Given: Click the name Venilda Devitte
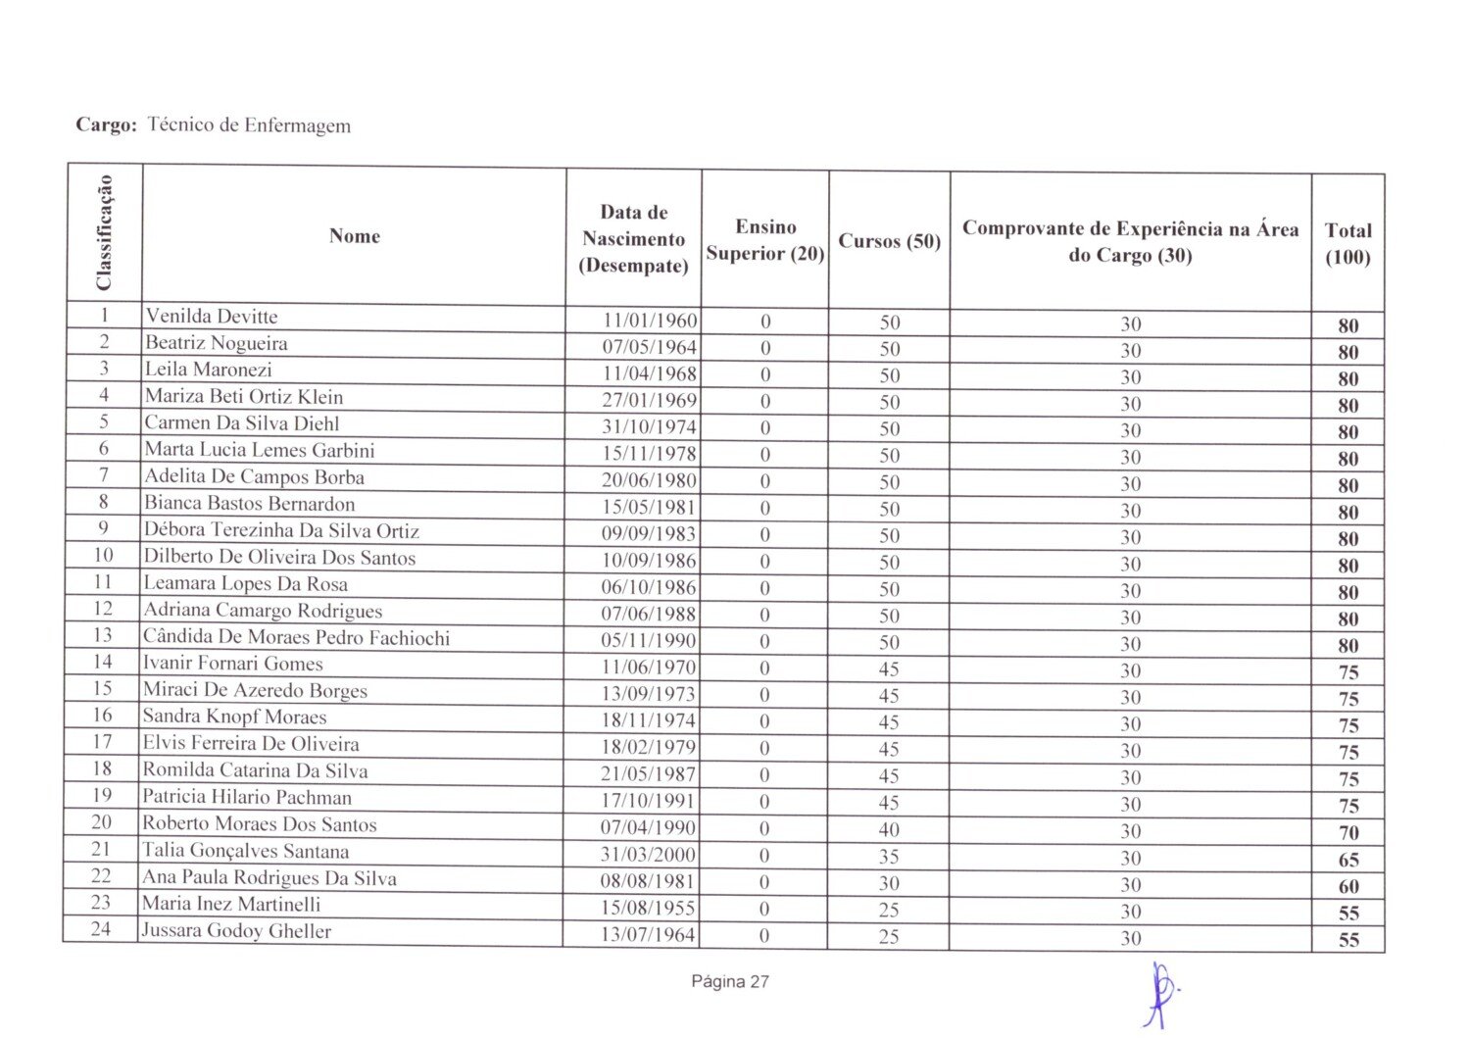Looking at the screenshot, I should (212, 317).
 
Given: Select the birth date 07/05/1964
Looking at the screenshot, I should (649, 348).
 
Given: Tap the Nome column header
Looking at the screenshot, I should (354, 235).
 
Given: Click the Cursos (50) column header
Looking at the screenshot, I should (889, 241).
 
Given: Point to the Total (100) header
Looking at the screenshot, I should (1347, 243).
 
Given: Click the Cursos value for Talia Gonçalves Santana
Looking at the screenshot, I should (889, 857).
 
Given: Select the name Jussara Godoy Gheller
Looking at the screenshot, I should (236, 931).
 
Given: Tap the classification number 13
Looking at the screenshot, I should (103, 635).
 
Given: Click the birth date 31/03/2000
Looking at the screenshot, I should (648, 855).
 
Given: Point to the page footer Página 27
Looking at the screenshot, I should (730, 981).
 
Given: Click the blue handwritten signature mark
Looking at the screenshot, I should (1160, 992).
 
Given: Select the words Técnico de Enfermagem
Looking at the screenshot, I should (249, 125).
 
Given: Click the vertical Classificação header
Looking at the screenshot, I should (104, 233).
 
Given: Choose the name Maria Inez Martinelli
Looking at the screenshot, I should (231, 904).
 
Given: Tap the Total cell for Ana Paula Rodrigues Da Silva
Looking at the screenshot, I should (1348, 886).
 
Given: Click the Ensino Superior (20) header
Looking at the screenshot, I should (765, 240).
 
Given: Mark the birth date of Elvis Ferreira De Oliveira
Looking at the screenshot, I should (648, 747).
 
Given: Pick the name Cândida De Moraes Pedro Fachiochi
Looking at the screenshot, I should (296, 638).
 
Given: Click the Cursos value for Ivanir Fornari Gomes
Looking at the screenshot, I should (889, 669).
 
